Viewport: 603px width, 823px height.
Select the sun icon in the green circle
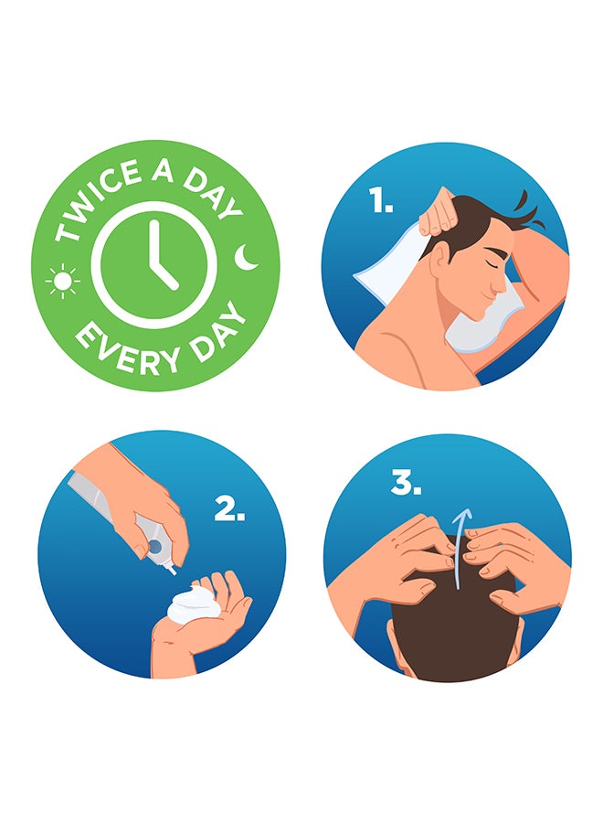pos(63,282)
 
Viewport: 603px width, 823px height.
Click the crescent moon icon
pos(246,257)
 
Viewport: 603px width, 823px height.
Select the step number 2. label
pos(229,508)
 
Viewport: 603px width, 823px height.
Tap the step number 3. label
pos(406,482)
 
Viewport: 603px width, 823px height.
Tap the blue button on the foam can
pos(155,547)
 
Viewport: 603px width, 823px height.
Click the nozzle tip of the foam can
pos(173,572)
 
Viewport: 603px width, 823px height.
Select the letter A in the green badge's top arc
pos(163,171)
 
